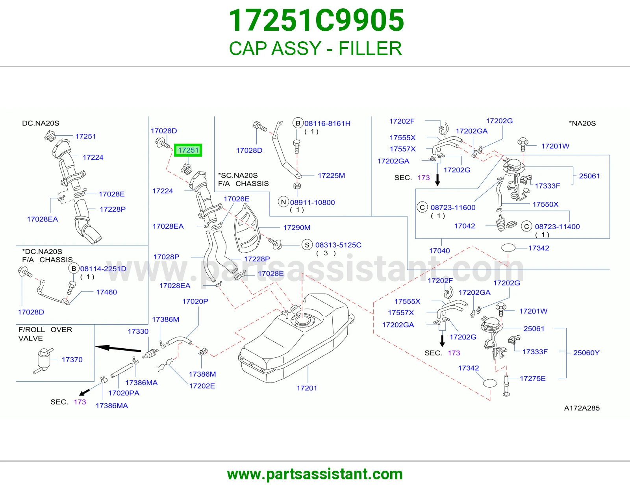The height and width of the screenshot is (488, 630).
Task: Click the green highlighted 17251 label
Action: pyautogui.click(x=188, y=150)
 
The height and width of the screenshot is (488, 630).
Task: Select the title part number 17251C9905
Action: pyautogui.click(x=316, y=20)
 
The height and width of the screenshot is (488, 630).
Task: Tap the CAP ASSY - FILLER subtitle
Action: pyautogui.click(x=315, y=48)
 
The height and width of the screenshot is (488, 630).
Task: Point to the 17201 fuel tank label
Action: pyautogui.click(x=307, y=388)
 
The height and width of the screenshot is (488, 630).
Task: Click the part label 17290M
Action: pyautogui.click(x=296, y=227)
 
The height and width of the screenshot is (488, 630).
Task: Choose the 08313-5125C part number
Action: pyautogui.click(x=338, y=245)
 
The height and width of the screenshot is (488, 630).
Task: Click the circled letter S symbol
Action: pyautogui.click(x=307, y=245)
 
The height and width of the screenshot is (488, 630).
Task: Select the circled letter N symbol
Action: pyautogui.click(x=283, y=202)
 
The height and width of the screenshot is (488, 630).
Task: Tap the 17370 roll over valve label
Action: pyautogui.click(x=72, y=360)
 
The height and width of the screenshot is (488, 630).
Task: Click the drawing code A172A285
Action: pyautogui.click(x=582, y=408)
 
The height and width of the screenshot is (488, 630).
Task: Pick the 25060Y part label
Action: pyautogui.click(x=586, y=353)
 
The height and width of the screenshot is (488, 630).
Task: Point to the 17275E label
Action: pyautogui.click(x=533, y=379)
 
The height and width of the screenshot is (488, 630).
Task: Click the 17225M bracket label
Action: pyautogui.click(x=332, y=176)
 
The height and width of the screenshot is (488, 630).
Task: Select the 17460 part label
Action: pyautogui.click(x=106, y=292)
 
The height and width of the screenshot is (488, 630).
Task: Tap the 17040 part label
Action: pyautogui.click(x=439, y=251)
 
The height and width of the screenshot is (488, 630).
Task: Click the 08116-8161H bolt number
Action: pyautogui.click(x=327, y=124)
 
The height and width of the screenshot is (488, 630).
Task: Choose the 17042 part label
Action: pyautogui.click(x=465, y=226)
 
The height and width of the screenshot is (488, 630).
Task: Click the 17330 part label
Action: pyautogui.click(x=138, y=331)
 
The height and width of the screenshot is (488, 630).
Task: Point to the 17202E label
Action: pyautogui.click(x=202, y=386)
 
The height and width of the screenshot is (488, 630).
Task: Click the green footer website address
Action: pyautogui.click(x=315, y=474)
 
